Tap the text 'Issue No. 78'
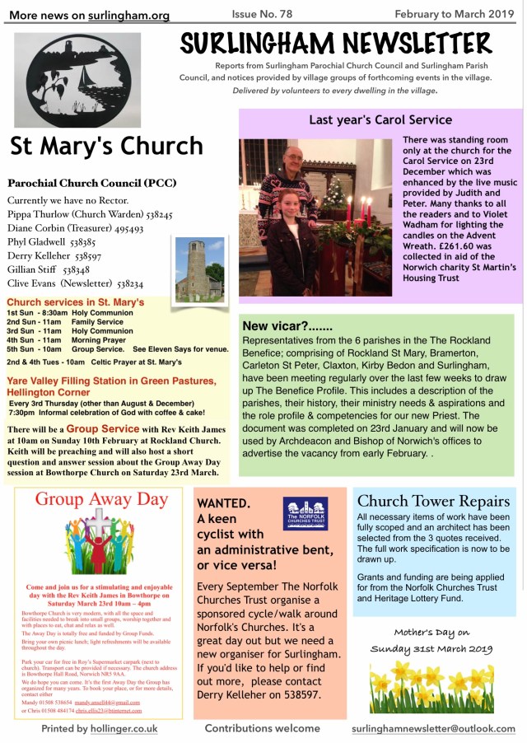coord(263,14)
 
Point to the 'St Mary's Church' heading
coord(106,146)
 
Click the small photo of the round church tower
coord(199,269)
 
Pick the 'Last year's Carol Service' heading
coord(380,120)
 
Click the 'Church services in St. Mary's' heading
coord(75,302)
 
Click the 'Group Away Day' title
coord(101,500)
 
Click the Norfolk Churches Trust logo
coord(305,513)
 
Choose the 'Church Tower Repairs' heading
coord(434,501)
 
